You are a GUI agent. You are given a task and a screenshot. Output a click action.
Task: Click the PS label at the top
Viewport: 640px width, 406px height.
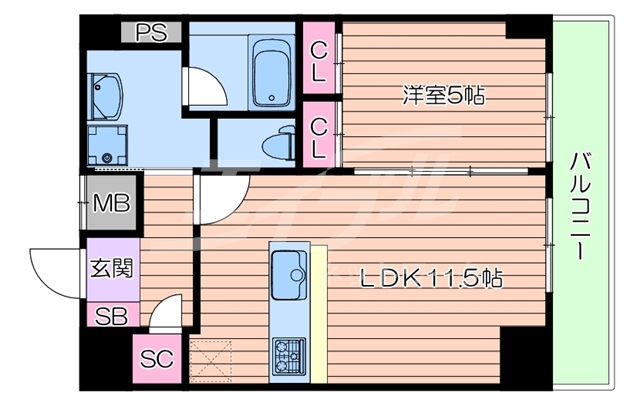coord(152,32)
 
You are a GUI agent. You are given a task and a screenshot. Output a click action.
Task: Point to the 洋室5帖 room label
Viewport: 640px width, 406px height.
coord(444,96)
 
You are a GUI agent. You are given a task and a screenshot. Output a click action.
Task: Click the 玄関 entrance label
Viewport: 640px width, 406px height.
coord(110,269)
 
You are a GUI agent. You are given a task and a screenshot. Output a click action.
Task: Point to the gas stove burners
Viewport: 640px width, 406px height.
coord(289,353)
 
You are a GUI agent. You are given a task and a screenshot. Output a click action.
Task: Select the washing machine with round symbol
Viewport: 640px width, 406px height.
coord(107,146)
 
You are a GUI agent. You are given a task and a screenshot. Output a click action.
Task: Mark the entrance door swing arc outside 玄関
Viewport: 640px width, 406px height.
coord(55,263)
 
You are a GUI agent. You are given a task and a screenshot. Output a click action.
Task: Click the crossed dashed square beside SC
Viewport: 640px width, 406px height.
coord(210,358)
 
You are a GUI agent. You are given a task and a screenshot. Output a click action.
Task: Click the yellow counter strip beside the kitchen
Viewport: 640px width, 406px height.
coord(319,310)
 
